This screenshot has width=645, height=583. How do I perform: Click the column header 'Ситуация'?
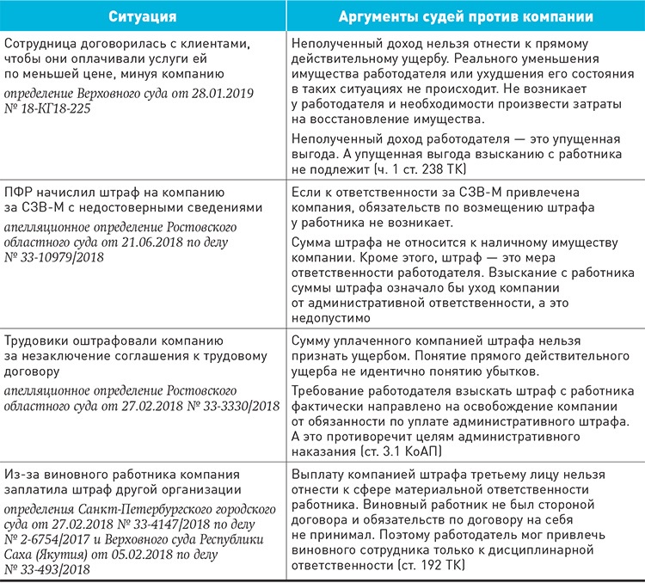tap(142, 15)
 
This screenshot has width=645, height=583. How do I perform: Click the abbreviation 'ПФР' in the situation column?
tap(20, 192)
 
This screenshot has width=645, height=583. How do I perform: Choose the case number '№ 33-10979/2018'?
tap(54, 257)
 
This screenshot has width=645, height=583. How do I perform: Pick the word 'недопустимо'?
tap(331, 316)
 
